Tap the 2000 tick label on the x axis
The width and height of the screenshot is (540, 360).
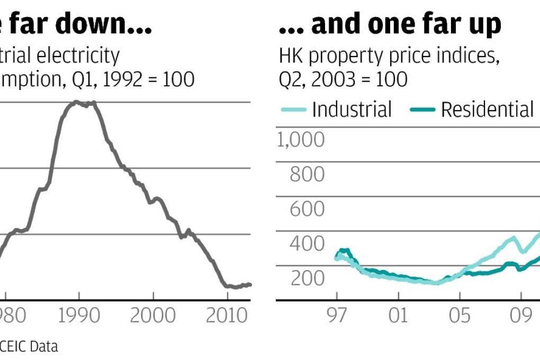(152, 315)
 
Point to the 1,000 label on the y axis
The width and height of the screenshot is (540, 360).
(301, 140)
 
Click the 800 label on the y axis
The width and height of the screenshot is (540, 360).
(307, 174)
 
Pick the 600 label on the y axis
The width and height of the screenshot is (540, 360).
(307, 209)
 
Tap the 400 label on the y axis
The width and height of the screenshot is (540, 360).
(307, 244)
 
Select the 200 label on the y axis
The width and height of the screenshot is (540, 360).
(307, 278)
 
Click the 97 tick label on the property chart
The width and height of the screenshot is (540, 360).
(337, 315)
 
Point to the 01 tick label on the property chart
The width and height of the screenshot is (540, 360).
(398, 315)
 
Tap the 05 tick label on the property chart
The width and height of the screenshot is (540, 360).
(460, 315)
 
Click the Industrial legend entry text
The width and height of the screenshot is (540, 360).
(352, 110)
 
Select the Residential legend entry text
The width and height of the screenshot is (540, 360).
(487, 110)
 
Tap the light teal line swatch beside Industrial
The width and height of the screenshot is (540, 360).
(293, 110)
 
